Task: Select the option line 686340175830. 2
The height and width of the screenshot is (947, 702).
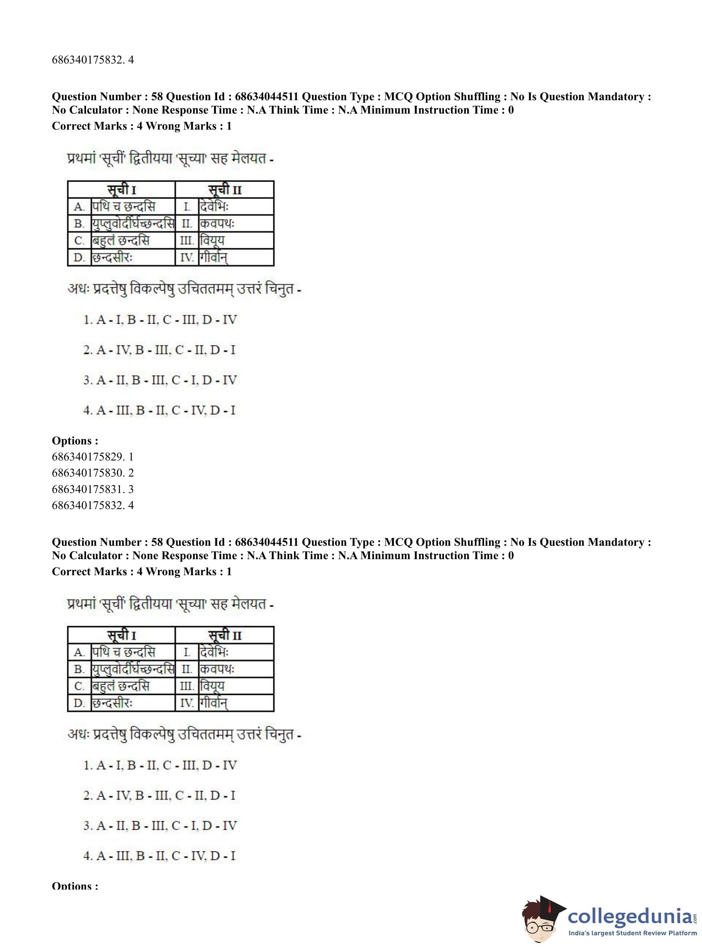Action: pyautogui.click(x=93, y=473)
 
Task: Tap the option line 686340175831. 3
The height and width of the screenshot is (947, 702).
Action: pyautogui.click(x=93, y=489)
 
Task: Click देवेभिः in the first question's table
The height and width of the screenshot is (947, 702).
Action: pyautogui.click(x=214, y=207)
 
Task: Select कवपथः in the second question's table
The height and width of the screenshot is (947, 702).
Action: pyautogui.click(x=217, y=669)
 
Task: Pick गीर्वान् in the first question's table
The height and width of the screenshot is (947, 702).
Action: pyautogui.click(x=214, y=257)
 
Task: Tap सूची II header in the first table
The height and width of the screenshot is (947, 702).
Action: pyautogui.click(x=225, y=190)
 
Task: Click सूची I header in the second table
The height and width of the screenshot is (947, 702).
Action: pyautogui.click(x=122, y=635)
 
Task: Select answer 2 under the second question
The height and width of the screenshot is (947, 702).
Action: pyautogui.click(x=159, y=795)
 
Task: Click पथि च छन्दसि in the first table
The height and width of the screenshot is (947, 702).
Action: pyautogui.click(x=123, y=207)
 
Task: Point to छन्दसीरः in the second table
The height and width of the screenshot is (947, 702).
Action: pyautogui.click(x=113, y=703)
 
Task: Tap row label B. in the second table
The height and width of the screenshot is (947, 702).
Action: pyautogui.click(x=80, y=669)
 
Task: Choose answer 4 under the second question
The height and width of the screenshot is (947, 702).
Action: pyautogui.click(x=159, y=856)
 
